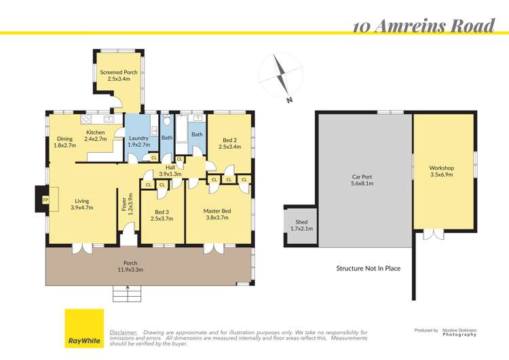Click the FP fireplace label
[x=45, y=200]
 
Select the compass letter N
[x=289, y=100]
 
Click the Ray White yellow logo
[x=84, y=328]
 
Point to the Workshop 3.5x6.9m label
[x=442, y=171]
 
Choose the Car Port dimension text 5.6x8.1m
[x=362, y=183]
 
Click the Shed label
[x=301, y=222]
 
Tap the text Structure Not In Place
[x=368, y=268]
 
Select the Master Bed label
[x=217, y=211]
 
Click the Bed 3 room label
[x=162, y=212]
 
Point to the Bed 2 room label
[x=229, y=140]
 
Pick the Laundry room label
[x=138, y=138]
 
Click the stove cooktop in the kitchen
[x=87, y=119]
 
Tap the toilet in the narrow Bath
[x=167, y=120]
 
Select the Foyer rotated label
[x=124, y=204]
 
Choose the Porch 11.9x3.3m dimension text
[x=130, y=270]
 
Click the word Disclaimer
[x=124, y=333]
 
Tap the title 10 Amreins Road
[x=423, y=26]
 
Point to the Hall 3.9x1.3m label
[x=170, y=170]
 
